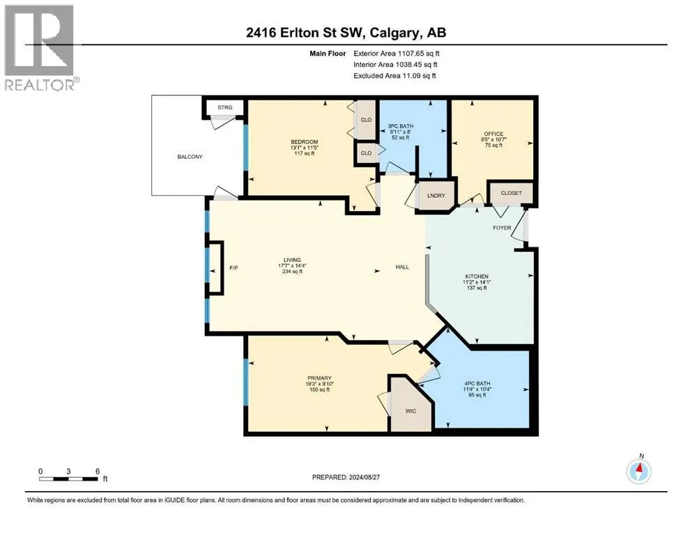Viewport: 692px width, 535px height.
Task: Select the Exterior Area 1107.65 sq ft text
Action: pos(397,54)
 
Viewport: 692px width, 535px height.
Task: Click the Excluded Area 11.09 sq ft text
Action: pos(394,75)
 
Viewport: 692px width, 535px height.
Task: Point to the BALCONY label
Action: pos(190,157)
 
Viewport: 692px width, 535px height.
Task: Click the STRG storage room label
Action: pos(224,107)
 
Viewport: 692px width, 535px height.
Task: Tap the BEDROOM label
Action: pos(304,142)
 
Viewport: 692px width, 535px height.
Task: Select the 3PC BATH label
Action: pos(400,126)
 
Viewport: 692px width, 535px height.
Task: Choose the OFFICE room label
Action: pos(493,134)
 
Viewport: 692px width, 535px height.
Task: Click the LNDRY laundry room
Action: pos(436,195)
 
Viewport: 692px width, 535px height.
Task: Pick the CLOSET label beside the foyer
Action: pos(511,193)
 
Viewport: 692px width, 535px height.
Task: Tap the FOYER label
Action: pos(502,228)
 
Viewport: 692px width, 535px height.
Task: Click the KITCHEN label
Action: pos(477,276)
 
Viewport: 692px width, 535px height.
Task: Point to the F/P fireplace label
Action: pos(234,267)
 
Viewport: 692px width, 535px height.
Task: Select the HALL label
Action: pos(402,267)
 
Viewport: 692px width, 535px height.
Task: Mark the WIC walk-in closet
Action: pos(410,410)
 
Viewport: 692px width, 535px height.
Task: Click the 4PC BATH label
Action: pos(477,383)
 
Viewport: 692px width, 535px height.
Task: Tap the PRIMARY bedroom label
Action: pos(319,378)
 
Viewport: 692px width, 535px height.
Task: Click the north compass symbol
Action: pos(638,471)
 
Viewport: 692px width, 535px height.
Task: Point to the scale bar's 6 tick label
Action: pos(97,471)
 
